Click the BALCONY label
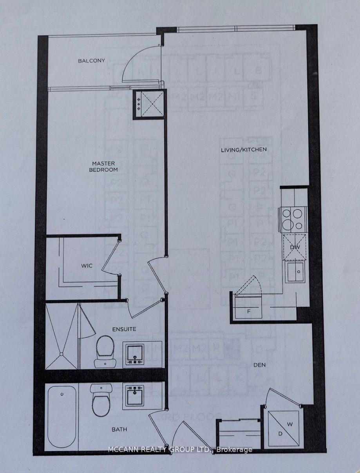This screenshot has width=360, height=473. (x=91, y=61)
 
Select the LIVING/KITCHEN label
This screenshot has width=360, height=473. (x=244, y=149)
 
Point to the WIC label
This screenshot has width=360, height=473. (x=87, y=266)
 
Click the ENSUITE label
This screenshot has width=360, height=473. (x=123, y=329)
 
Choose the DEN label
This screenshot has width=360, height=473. (x=259, y=365)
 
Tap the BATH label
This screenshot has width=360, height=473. (x=119, y=430)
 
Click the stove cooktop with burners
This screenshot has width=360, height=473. (x=292, y=219)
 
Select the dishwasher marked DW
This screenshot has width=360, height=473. (x=294, y=247)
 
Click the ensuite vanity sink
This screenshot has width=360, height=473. (x=134, y=355)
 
